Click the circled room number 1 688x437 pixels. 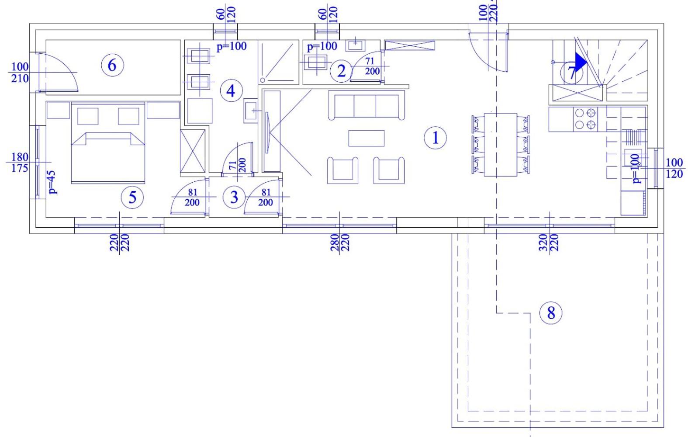coord(435,138)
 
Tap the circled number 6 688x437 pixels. coord(112,65)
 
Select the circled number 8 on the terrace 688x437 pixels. coord(551,313)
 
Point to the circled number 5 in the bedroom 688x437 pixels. coord(132,197)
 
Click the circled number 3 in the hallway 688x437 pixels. coord(234,197)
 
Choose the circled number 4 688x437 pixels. coord(231,91)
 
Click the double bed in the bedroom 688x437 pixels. coord(108,143)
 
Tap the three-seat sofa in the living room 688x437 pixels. coord(366,105)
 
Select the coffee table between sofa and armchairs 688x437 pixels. coord(366,138)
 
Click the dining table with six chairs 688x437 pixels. coord(501,145)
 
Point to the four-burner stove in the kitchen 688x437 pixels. coord(585,120)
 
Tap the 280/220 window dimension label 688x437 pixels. coord(340,243)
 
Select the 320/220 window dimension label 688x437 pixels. coord(549,243)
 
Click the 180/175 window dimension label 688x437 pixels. coord(20,163)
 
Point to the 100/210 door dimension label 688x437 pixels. coord(20,73)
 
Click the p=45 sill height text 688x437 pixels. coord(52,182)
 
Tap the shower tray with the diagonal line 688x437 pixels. coord(278,62)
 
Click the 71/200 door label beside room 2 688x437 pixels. coord(372,66)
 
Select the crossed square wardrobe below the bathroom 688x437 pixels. coord(193,151)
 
